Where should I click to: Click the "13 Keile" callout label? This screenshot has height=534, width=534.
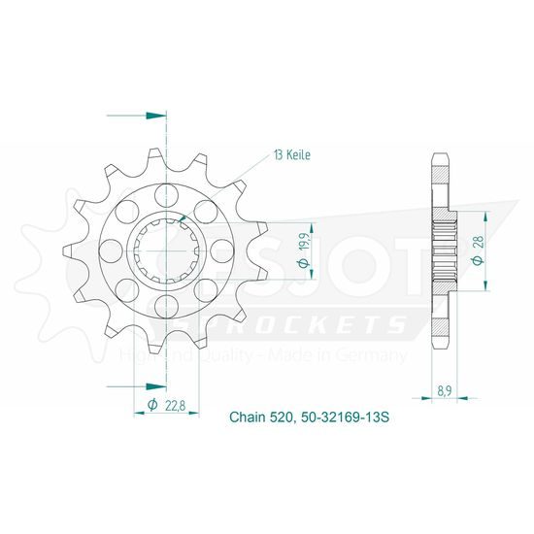pos(292,155)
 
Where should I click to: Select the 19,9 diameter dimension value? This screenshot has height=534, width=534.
pos(306,242)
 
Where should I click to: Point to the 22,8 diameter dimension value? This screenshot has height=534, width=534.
pos(175,406)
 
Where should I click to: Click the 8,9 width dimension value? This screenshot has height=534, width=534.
pos(445,391)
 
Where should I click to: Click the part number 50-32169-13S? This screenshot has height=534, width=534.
pos(344,417)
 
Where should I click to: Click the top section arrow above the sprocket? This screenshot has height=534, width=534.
pos(137,116)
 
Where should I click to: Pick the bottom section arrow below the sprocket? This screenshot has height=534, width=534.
pos(137,386)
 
